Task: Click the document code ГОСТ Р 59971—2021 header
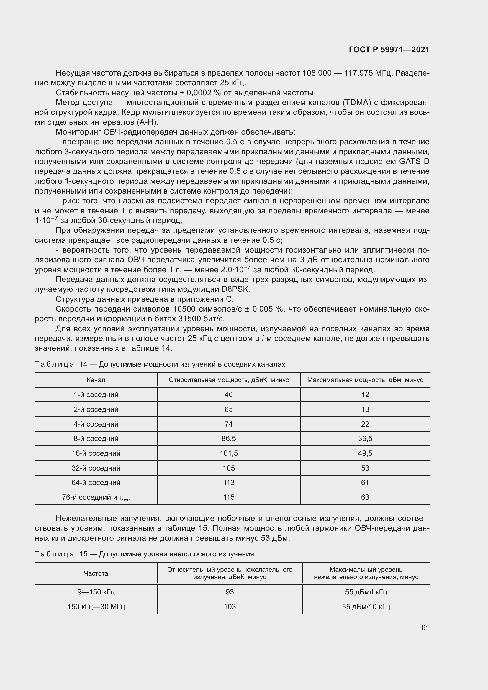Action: coord(389,50)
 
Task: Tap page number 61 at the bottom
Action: coord(425,627)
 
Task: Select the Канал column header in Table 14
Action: coord(96,380)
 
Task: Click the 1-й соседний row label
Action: coord(96,395)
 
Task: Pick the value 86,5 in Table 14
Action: coord(228,438)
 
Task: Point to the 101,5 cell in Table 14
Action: coord(228,453)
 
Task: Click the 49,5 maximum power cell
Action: coord(365,453)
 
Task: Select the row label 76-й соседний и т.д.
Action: coord(96,497)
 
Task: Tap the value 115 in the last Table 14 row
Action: coord(228,497)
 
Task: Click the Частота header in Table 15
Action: coord(96,573)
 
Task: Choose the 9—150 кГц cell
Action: coord(96,592)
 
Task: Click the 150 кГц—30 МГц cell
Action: coord(96,607)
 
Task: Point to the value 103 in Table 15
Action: coord(230,607)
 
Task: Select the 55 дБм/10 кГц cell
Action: coord(366,607)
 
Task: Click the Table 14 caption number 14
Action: coord(83,364)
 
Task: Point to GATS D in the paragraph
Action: coord(414,162)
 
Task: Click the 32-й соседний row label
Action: coord(96,468)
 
